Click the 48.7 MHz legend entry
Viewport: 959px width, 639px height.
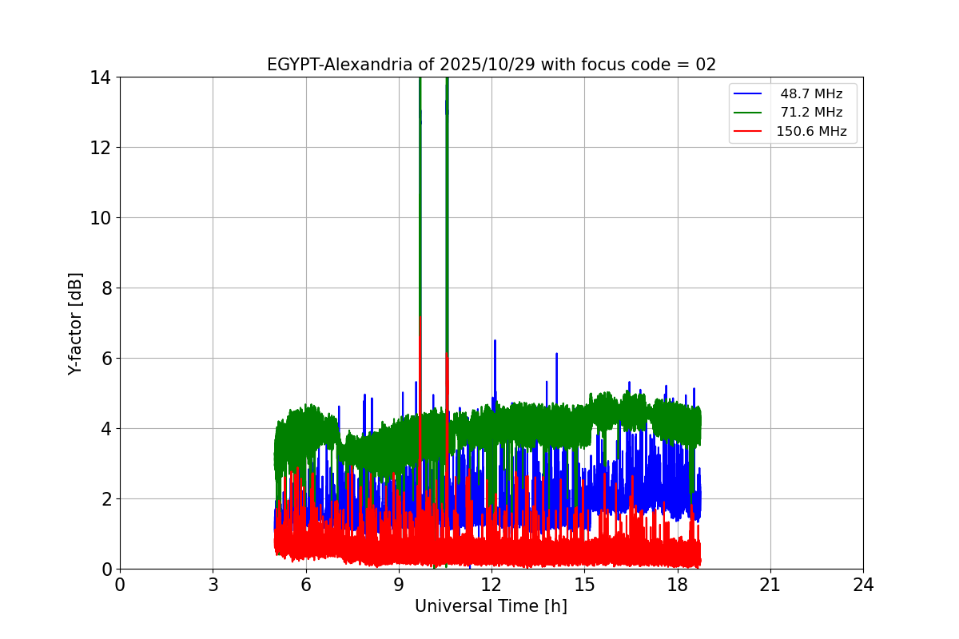pos(811,94)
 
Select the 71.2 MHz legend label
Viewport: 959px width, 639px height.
pos(811,113)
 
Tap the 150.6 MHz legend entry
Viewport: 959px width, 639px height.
pos(811,132)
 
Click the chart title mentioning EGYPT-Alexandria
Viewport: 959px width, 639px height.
pos(491,65)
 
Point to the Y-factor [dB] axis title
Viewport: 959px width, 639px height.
pos(75,323)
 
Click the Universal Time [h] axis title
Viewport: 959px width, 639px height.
pos(491,606)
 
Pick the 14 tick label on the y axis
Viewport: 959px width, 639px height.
pos(100,77)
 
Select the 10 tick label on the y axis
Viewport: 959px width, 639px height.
pos(100,218)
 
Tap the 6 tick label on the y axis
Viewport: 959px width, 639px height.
pos(105,359)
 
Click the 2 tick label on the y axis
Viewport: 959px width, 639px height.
pos(105,499)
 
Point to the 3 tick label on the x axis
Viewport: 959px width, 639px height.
pos(213,585)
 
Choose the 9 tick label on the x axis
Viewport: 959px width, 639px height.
pos(399,585)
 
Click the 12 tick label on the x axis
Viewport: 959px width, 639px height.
pos(491,585)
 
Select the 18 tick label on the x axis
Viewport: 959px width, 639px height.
pos(678,585)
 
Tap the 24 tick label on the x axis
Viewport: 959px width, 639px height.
pos(863,585)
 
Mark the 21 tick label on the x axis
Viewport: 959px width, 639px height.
pos(770,585)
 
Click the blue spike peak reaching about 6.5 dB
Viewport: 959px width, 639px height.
pos(495,341)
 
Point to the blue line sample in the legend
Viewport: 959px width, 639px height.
pos(748,94)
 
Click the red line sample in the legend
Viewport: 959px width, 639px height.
pos(748,132)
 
